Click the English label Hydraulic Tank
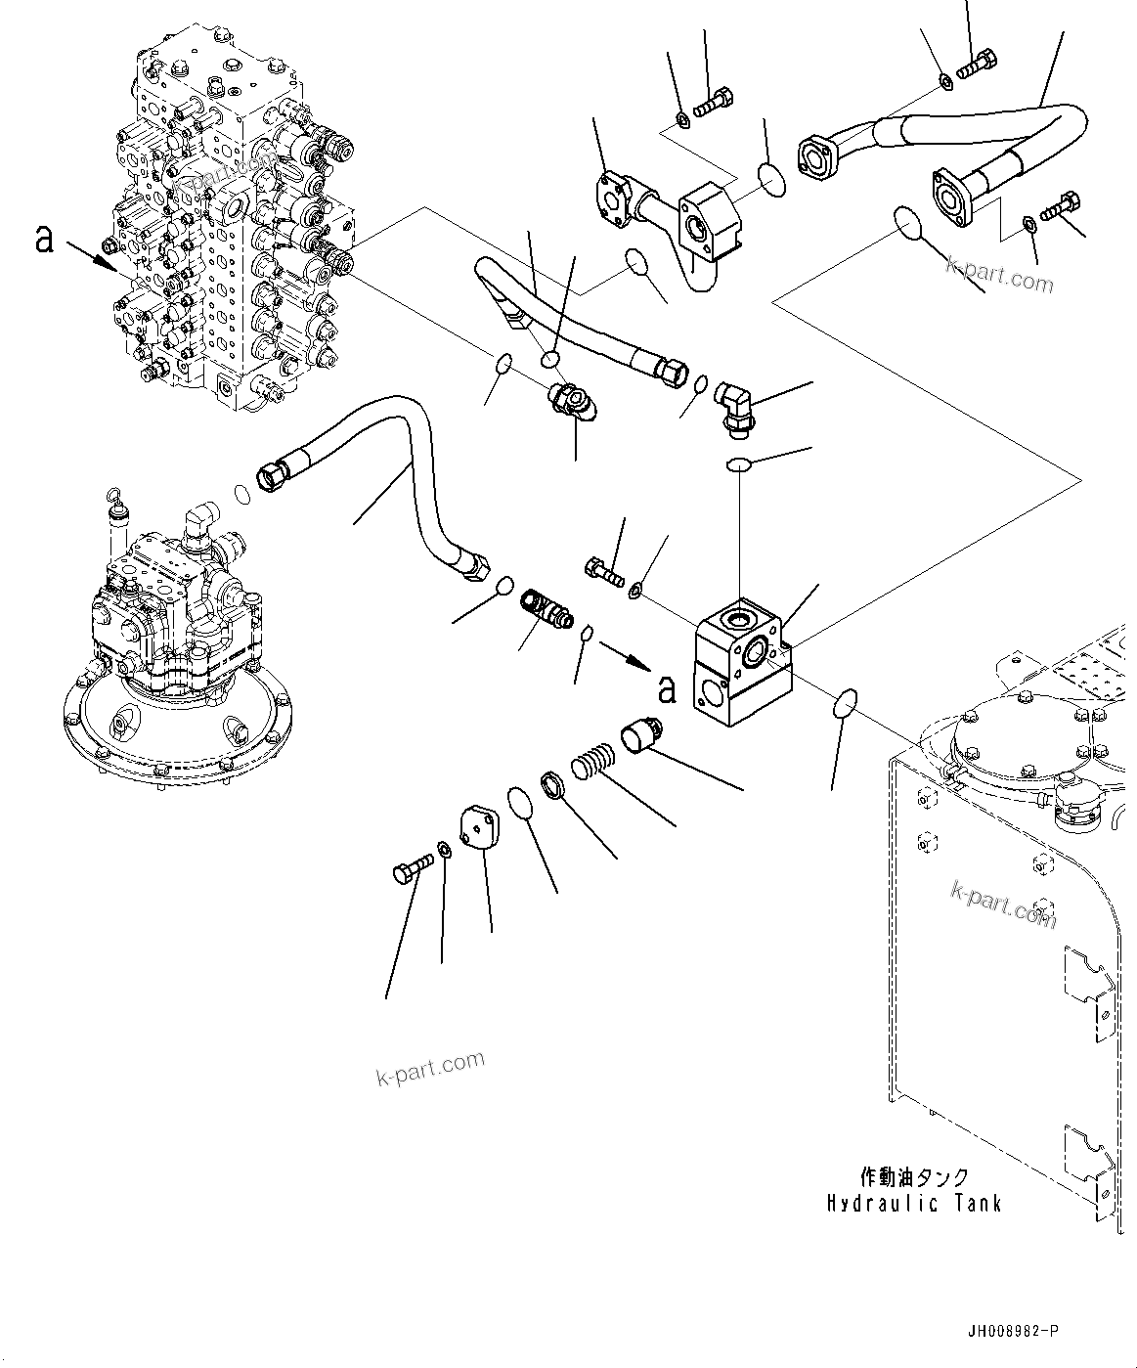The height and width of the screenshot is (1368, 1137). tap(914, 1203)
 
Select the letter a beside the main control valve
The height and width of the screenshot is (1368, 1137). tap(43, 238)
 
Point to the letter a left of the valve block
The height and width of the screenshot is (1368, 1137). tap(667, 689)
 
